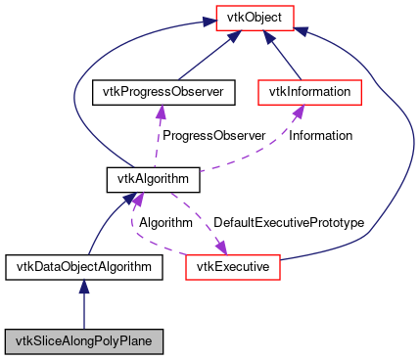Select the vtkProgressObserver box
tap(158, 93)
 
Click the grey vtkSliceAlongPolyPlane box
tap(83, 341)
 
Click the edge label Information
tap(320, 135)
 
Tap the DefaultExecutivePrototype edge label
tap(289, 222)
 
